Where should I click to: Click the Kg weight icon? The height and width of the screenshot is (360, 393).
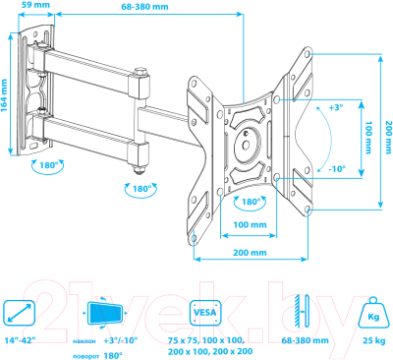coord(372,312)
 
